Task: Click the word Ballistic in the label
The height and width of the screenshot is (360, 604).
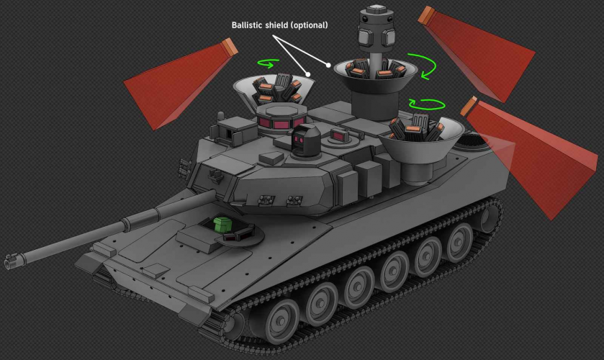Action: [x=247, y=25]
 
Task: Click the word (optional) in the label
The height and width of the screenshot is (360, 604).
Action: [x=309, y=25]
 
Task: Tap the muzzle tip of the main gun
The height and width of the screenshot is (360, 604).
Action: [x=8, y=264]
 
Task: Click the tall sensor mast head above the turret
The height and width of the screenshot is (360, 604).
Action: [x=377, y=30]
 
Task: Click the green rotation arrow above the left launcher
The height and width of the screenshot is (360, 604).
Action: [x=269, y=63]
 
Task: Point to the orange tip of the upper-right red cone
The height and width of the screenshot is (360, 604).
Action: [x=427, y=15]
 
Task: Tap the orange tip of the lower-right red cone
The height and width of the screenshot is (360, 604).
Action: [x=469, y=107]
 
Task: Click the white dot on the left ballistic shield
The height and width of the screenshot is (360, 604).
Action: [x=308, y=74]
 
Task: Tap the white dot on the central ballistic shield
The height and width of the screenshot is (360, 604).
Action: [x=328, y=65]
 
